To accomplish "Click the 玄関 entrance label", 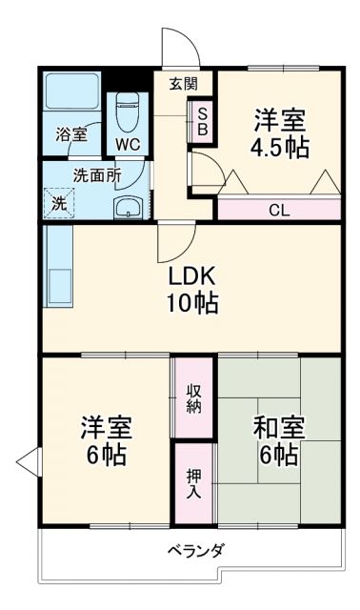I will coord(184,83).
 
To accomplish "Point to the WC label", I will coord(127,145).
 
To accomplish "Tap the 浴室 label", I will coord(70,135).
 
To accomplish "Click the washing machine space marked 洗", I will coord(59,202).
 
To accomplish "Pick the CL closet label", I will coord(279,210).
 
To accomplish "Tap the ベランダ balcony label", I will coord(196,550).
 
